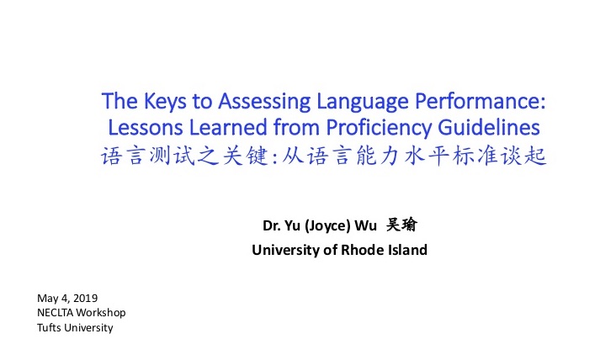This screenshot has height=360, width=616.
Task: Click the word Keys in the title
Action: click(165, 102)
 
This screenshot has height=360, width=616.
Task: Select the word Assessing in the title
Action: click(264, 101)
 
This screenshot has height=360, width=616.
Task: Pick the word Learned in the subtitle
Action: click(229, 127)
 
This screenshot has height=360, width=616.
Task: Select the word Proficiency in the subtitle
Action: click(379, 129)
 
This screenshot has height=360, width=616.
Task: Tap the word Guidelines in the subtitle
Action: click(489, 127)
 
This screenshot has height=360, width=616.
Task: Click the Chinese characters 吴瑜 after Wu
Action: click(401, 225)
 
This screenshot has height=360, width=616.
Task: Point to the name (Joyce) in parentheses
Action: click(327, 226)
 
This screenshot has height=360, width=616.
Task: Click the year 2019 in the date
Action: click(85, 299)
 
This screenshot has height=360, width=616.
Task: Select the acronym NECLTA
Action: click(55, 313)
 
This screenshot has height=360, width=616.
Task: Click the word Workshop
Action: click(101, 313)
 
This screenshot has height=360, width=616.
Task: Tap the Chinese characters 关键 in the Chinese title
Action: click(245, 156)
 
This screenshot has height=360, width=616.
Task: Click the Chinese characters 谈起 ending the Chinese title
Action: click(523, 156)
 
